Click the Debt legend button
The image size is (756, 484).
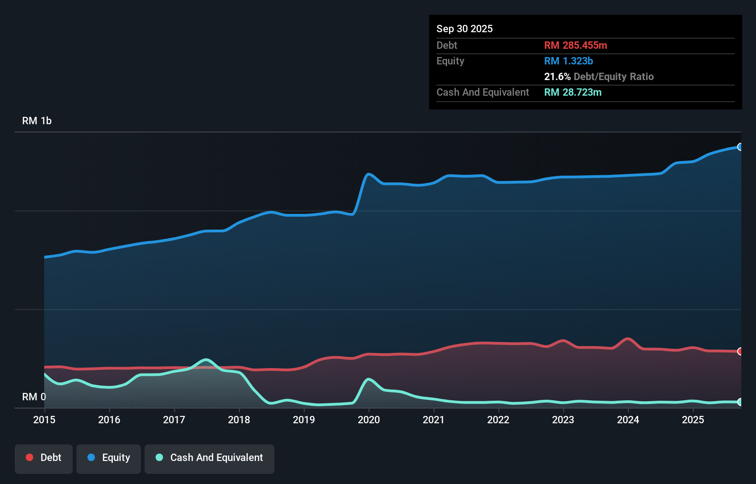[44, 458]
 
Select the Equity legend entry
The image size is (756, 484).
[109, 458]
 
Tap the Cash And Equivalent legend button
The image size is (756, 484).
[209, 458]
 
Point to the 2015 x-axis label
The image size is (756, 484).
[44, 420]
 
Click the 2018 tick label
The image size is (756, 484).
[239, 420]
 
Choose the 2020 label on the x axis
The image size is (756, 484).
[369, 420]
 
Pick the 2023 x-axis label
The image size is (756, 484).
[563, 420]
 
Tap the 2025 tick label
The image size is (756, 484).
[693, 420]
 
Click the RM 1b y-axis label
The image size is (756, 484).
[37, 121]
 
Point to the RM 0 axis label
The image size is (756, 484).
[34, 397]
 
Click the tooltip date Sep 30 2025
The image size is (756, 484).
[465, 29]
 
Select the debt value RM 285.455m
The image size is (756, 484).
[576, 45]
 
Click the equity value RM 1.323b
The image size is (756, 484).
[569, 61]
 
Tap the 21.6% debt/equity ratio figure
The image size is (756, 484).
[557, 76]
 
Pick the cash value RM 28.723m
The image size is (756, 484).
[573, 92]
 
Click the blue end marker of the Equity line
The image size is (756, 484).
[740, 147]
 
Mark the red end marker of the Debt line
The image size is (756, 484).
[740, 351]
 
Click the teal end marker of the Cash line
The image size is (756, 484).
[740, 402]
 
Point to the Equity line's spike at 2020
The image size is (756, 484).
[368, 174]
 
